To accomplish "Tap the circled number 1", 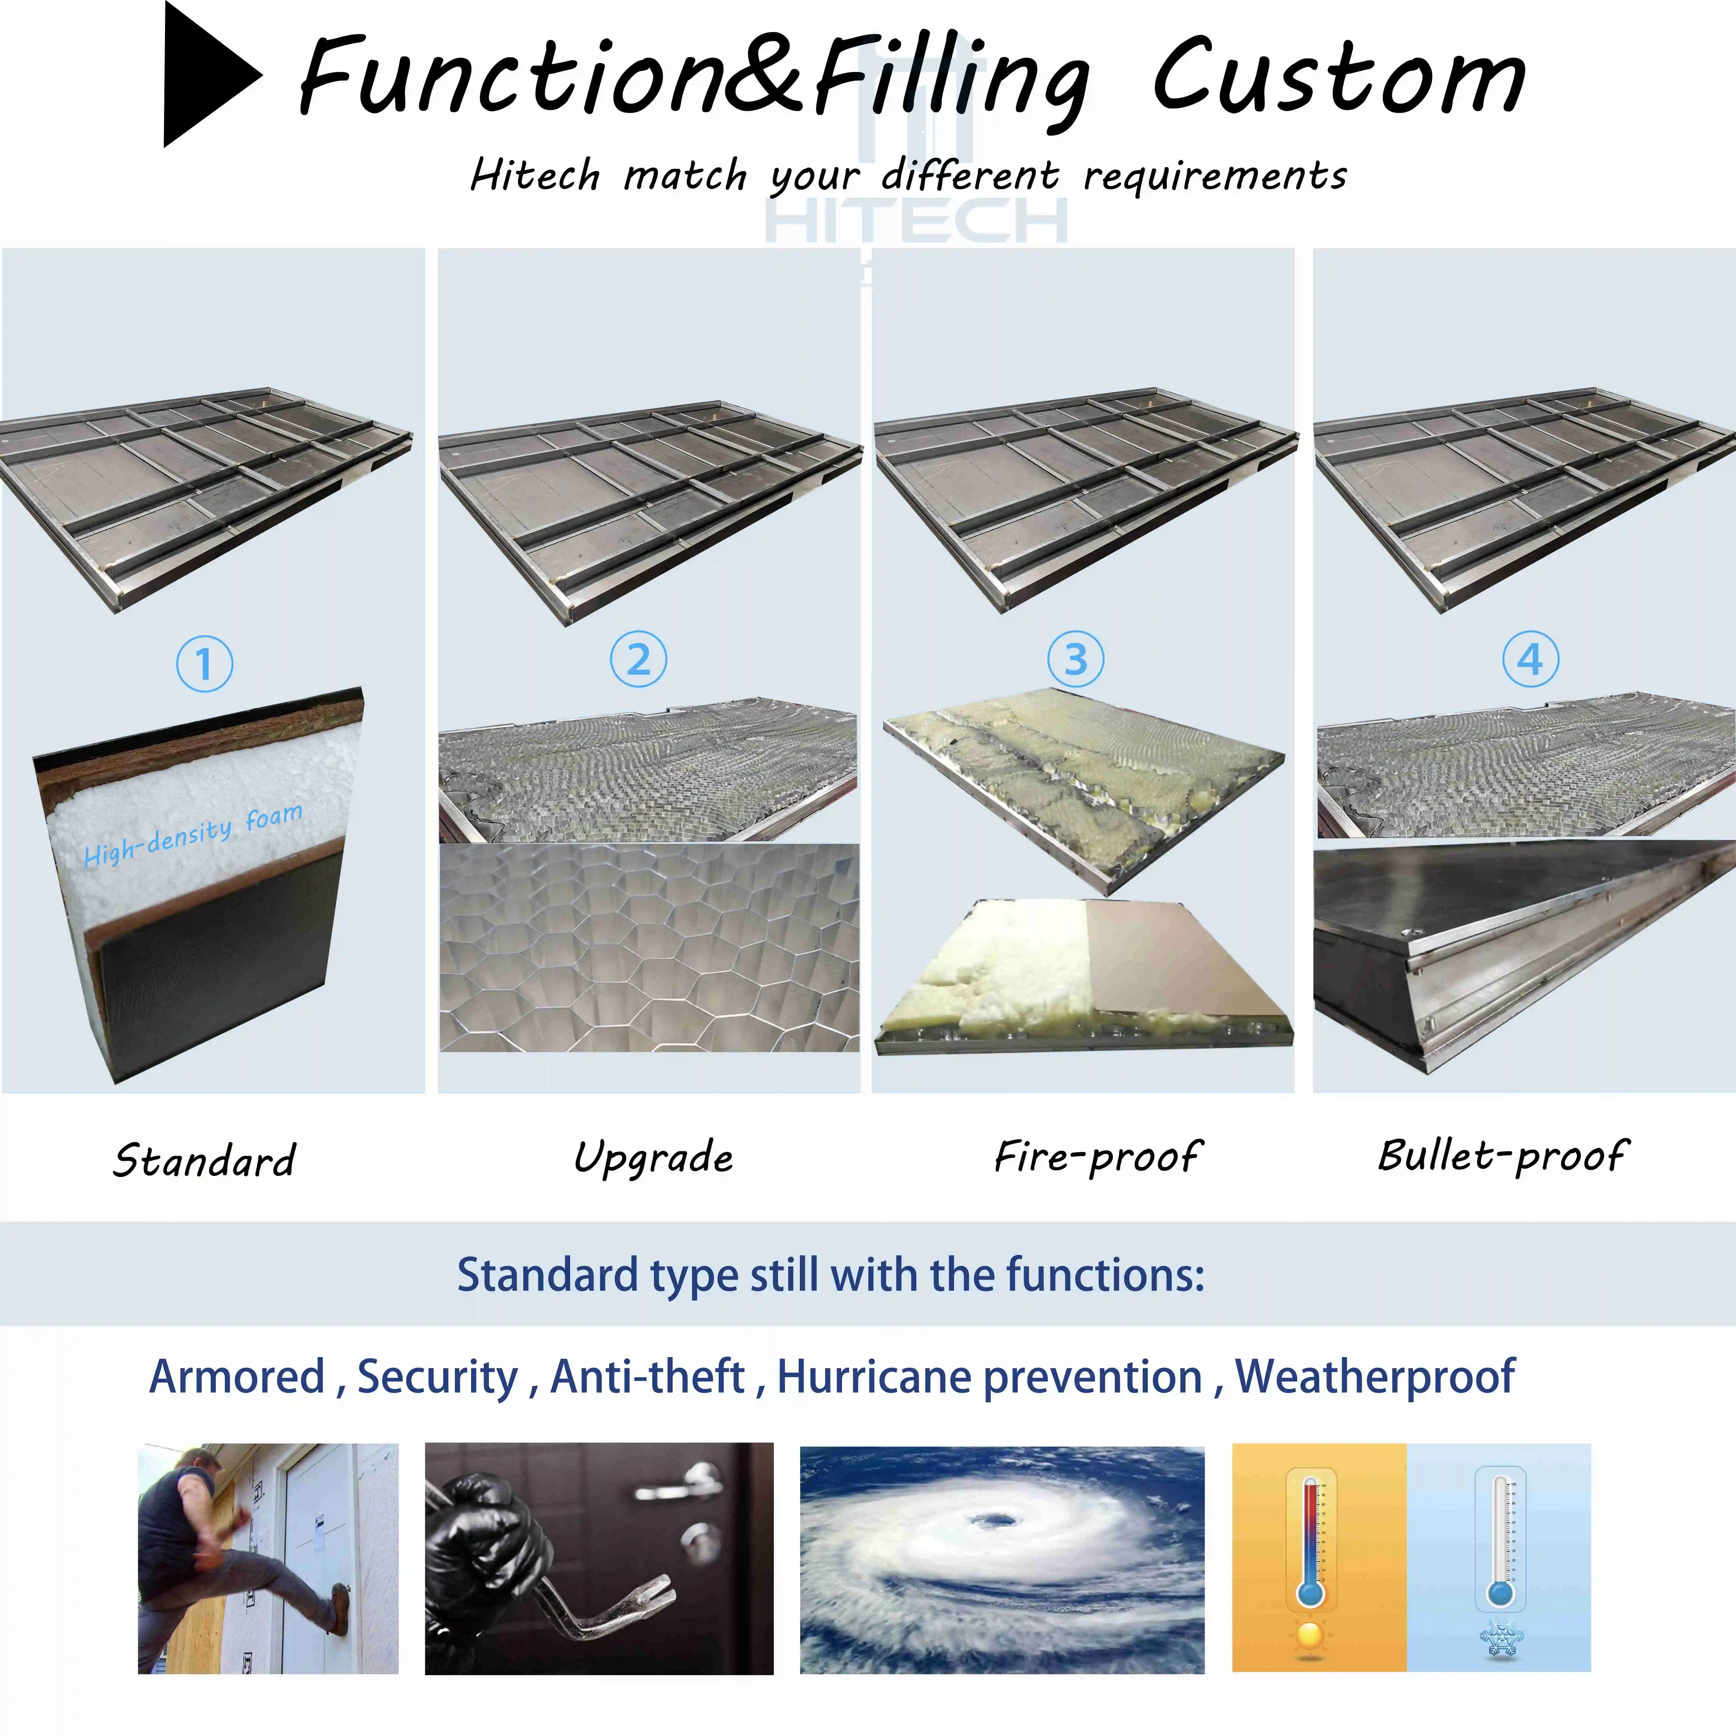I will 204,664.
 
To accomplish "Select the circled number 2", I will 638,659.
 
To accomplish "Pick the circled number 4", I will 1530,659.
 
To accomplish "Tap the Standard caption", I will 204,1160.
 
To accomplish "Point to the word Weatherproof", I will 1375,1376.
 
